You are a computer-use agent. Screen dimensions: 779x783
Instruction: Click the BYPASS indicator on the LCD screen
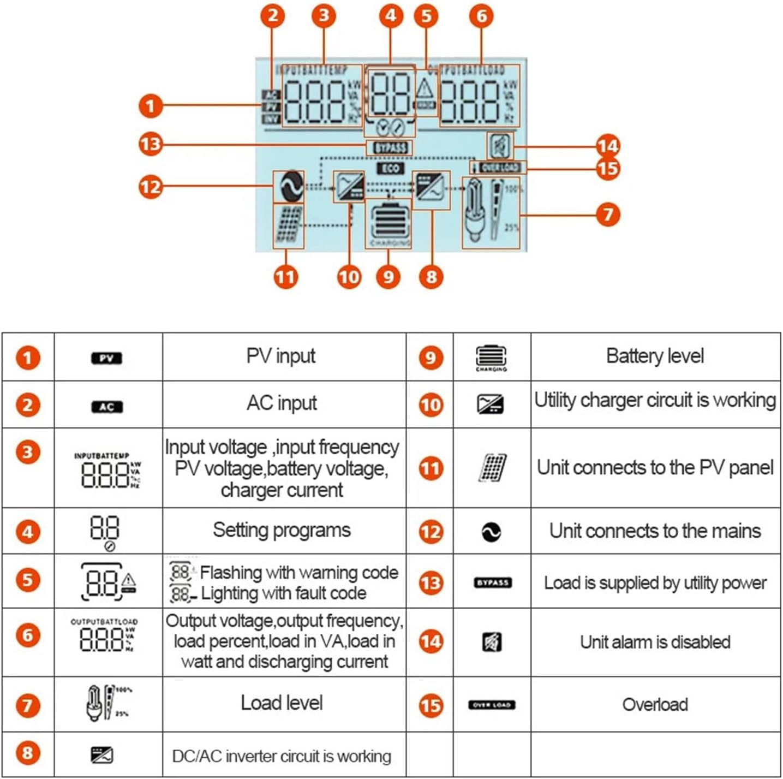(391, 147)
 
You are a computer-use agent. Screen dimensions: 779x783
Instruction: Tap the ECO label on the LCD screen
(391, 169)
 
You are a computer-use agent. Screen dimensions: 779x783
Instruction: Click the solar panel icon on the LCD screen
(288, 226)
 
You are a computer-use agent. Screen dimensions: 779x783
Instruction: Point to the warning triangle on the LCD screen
(425, 87)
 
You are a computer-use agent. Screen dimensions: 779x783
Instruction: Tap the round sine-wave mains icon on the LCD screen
(289, 187)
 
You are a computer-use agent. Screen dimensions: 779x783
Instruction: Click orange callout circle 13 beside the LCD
(151, 145)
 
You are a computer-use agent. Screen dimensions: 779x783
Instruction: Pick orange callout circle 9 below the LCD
(388, 276)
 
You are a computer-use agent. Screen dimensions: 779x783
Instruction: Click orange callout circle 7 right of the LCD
(608, 215)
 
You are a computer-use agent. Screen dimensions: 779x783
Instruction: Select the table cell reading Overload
(655, 705)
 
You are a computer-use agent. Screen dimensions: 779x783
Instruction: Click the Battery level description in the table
(655, 356)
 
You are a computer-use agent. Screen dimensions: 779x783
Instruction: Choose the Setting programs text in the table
(282, 530)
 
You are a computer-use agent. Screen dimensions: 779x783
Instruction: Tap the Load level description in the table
(282, 703)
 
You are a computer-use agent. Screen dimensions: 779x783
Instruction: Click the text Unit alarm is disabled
(655, 642)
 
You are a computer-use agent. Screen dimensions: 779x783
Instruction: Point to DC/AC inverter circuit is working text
(282, 756)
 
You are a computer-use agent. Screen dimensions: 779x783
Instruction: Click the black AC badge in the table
(107, 407)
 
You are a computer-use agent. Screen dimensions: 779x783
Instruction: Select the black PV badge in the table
(107, 359)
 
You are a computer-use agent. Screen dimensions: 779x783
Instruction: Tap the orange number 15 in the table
(431, 705)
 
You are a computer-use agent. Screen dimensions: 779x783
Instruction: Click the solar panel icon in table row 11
(492, 468)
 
